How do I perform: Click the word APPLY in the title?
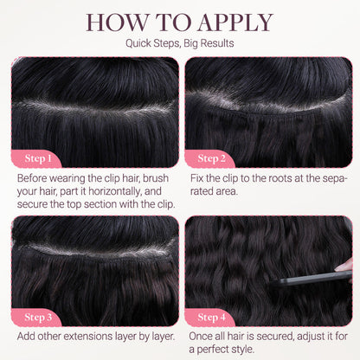pos(235,22)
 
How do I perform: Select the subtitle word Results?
pos(217,43)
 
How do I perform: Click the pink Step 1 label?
pos(38,158)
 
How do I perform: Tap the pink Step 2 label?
pos(211,158)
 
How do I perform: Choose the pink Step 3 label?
pos(38,317)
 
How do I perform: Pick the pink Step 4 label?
pos(211,317)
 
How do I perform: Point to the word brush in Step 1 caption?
pos(156,178)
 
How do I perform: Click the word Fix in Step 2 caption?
pos(197,178)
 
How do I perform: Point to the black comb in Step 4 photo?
pos(312,278)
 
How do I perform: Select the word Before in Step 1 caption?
pos(32,178)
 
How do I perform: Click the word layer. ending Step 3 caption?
pos(161,336)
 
